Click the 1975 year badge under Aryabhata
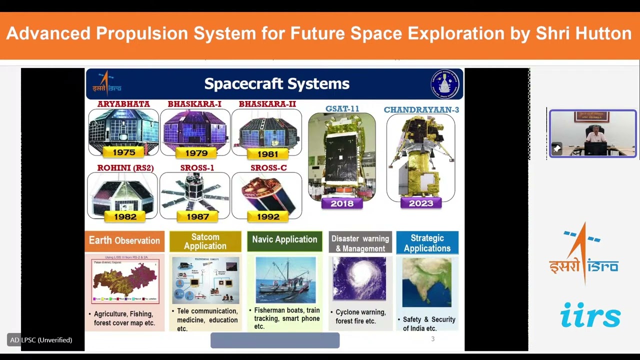[123, 152]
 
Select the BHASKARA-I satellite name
[194, 104]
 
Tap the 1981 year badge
[267, 154]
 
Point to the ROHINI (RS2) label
[125, 168]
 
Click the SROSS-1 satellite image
[195, 194]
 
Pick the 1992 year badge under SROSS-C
[268, 217]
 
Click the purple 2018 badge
[342, 203]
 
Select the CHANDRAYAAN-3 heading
[421, 109]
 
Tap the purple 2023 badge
[421, 203]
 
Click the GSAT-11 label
[342, 108]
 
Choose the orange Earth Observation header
[124, 240]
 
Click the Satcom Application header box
[205, 241]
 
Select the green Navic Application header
[284, 240]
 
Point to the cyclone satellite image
[359, 279]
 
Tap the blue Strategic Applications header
[427, 243]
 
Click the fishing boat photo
[285, 280]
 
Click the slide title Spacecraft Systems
[276, 84]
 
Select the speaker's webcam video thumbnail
[592, 134]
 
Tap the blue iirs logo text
[590, 315]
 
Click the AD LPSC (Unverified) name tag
[41, 340]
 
